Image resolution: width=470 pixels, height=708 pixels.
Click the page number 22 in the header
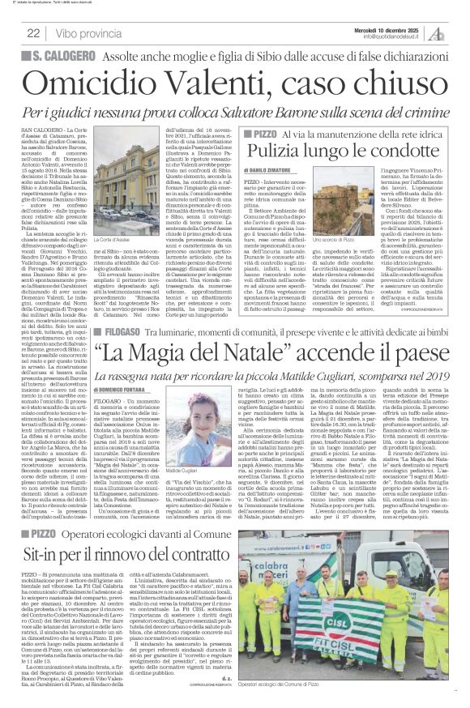tap(33, 32)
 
